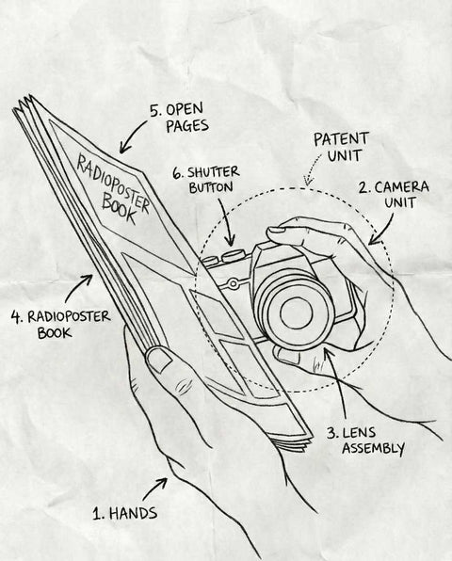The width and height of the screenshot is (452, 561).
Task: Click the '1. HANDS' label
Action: [x=125, y=513]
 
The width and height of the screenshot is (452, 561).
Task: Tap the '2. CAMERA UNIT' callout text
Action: [x=394, y=194]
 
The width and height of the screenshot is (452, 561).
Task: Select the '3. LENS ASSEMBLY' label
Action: [x=365, y=441]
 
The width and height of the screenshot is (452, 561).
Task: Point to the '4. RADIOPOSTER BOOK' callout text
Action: [x=60, y=324]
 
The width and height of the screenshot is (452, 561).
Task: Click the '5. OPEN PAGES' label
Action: [x=179, y=118]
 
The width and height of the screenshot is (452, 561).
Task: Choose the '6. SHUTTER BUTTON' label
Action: [x=206, y=180]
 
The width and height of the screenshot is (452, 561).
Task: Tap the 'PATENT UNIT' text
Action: [x=341, y=147]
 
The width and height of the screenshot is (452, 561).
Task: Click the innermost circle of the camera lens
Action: [x=297, y=313]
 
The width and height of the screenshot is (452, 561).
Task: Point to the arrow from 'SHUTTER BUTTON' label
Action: [x=227, y=222]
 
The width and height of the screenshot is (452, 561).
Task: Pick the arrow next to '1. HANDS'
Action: [x=154, y=489]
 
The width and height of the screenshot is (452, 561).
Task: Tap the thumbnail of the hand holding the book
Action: [x=158, y=360]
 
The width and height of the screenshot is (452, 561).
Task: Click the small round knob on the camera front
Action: [x=233, y=283]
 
